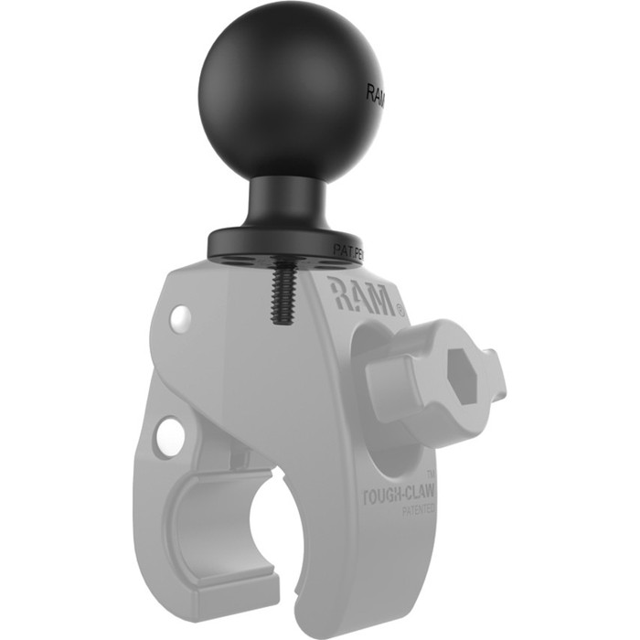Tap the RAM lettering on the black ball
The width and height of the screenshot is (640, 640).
tap(376, 93)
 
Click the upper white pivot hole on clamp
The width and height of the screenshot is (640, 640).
tap(182, 319)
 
